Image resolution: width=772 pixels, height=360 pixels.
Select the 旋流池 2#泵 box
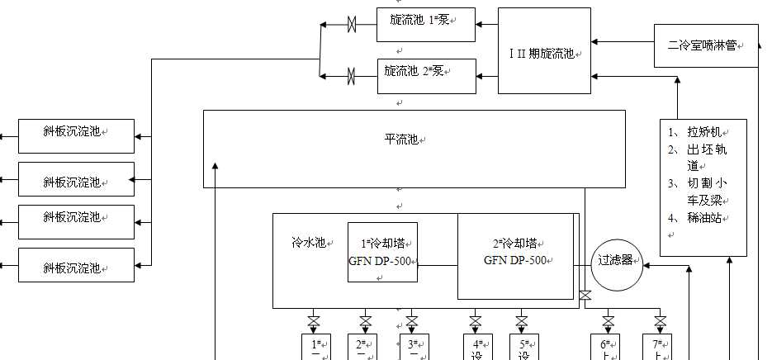[x=425, y=76]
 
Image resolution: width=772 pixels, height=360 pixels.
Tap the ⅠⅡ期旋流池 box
[x=544, y=51]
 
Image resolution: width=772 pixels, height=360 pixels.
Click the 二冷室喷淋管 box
[x=706, y=46]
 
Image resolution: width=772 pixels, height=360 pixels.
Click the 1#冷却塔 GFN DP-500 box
[x=382, y=252]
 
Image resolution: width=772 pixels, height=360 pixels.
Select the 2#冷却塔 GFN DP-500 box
[x=515, y=255]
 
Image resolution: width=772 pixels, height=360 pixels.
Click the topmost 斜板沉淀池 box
[x=76, y=135]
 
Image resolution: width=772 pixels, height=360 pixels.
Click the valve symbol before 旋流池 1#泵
[x=352, y=26]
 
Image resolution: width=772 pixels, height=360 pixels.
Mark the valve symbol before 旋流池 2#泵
[x=352, y=77]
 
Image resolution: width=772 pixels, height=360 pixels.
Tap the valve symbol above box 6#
[x=609, y=320]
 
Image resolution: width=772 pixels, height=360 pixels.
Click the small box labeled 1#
[x=315, y=348]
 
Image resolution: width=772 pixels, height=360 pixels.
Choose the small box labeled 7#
[x=657, y=348]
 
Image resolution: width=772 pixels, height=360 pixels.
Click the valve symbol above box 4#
[x=476, y=320]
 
